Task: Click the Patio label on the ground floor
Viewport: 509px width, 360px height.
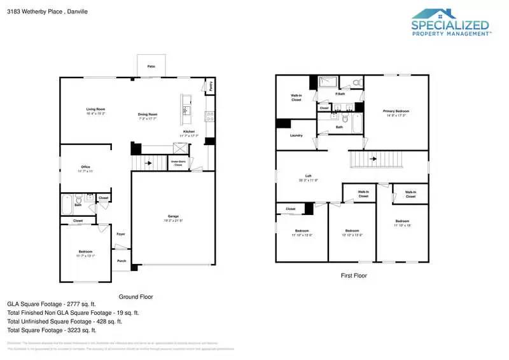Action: [x=151, y=66]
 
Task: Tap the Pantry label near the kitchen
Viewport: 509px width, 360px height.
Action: [x=211, y=85]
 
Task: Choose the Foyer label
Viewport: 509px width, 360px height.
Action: [x=121, y=234]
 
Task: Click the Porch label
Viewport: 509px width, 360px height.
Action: [x=121, y=261]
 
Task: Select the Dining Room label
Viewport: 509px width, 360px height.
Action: [x=148, y=114]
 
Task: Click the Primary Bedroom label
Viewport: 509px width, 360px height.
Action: [x=394, y=111]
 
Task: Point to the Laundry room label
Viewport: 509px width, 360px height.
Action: [x=296, y=135]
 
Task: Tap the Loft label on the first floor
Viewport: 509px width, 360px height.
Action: [x=308, y=176]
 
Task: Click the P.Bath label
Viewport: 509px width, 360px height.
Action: [x=340, y=94]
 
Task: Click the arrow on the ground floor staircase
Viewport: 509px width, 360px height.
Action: [x=149, y=163]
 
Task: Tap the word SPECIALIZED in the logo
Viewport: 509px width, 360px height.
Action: [x=451, y=26]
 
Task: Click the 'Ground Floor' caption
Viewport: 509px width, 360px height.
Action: [x=136, y=297]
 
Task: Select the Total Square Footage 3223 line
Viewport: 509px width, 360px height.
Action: [x=52, y=330]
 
